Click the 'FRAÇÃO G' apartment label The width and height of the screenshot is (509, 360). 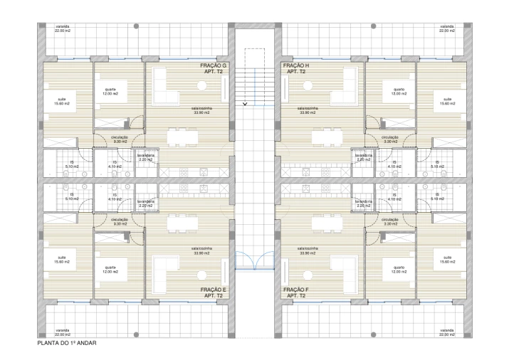tap(213, 65)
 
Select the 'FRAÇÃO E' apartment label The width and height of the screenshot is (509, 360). tap(213, 290)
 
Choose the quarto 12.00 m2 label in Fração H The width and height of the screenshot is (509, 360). tap(393, 92)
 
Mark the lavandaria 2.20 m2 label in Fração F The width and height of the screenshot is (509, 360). tap(364, 203)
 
